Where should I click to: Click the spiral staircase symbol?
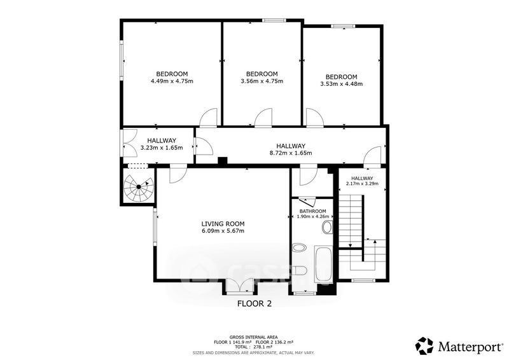click(x=139, y=187)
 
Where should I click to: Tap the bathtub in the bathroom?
click(x=323, y=263)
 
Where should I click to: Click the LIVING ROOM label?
click(x=223, y=224)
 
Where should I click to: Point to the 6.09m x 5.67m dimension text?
click(x=223, y=231)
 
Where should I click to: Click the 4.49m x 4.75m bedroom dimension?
click(x=172, y=81)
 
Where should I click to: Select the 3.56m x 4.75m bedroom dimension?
click(x=262, y=81)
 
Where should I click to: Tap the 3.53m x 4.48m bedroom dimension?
click(x=342, y=84)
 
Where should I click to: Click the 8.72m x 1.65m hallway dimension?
click(x=291, y=153)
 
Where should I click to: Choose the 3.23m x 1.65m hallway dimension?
click(x=162, y=148)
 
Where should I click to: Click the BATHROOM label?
click(x=313, y=211)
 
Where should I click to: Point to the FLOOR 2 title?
click(x=254, y=304)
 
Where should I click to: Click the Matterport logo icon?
click(x=424, y=346)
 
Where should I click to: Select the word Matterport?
click(x=470, y=347)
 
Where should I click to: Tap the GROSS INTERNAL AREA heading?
click(x=253, y=337)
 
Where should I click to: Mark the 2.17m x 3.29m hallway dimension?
click(x=362, y=184)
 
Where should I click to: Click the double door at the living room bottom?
click(x=239, y=286)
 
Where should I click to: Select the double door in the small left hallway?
click(x=130, y=144)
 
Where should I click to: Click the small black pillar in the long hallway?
click(x=222, y=162)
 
